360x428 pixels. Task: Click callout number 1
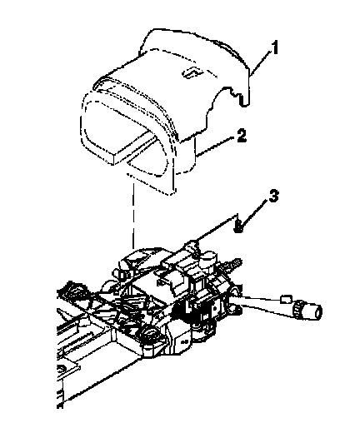click(274, 47)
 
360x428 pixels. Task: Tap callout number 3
click(273, 196)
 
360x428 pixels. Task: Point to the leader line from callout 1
click(260, 62)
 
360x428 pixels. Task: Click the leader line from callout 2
click(216, 148)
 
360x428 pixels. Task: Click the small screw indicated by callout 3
click(238, 226)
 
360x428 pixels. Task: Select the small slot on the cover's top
click(192, 72)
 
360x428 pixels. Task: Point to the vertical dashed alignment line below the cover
click(133, 212)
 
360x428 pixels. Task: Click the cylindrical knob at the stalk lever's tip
click(313, 311)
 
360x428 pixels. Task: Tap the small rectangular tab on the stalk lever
click(286, 299)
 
